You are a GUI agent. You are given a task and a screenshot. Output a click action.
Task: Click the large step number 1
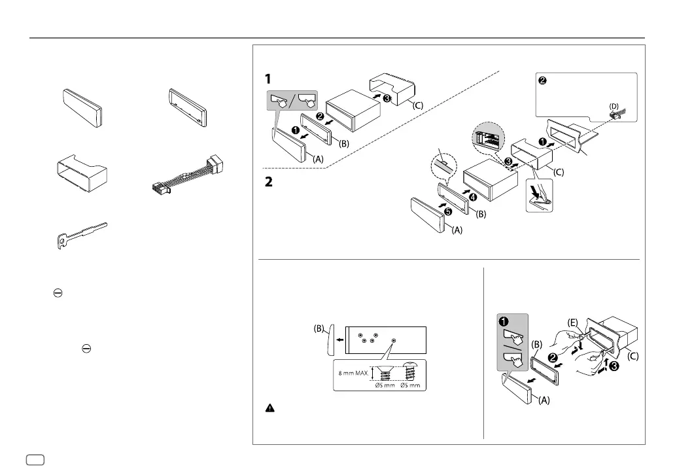coord(268,79)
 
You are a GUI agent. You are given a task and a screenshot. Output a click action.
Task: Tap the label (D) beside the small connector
coord(614,105)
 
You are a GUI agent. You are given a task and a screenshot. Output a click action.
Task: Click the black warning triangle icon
coord(269,407)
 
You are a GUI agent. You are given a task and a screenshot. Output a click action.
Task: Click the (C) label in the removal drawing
coord(632,357)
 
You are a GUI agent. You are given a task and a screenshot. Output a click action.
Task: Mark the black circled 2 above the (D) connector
coord(542,81)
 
